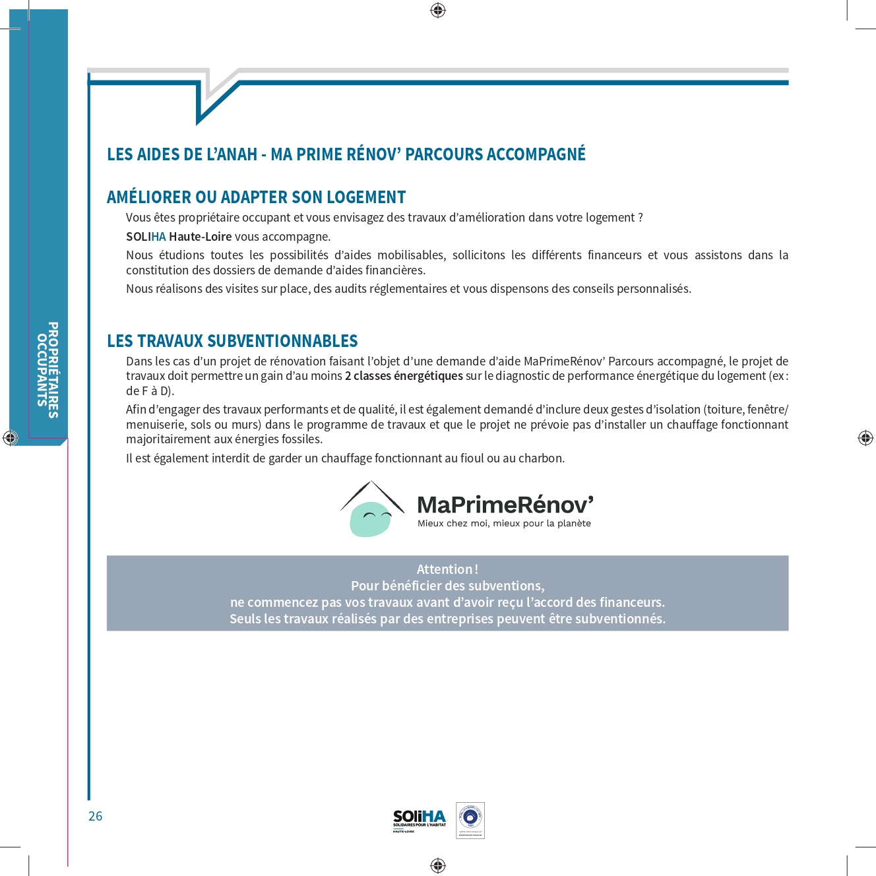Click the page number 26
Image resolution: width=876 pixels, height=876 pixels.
pyautogui.click(x=96, y=816)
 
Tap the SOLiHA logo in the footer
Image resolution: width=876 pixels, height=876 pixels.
pyautogui.click(x=420, y=820)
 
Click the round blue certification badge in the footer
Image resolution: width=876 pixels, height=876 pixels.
pyautogui.click(x=470, y=818)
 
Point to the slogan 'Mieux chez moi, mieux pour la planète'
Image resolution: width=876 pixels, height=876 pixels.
pyautogui.click(x=504, y=524)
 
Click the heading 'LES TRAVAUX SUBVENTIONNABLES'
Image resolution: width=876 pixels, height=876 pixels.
pyautogui.click(x=232, y=341)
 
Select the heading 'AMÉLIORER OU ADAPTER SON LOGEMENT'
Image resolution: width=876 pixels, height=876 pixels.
pyautogui.click(x=256, y=197)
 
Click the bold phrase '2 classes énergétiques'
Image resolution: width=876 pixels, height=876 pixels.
pyautogui.click(x=404, y=376)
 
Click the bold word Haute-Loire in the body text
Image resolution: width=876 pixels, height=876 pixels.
pyautogui.click(x=200, y=237)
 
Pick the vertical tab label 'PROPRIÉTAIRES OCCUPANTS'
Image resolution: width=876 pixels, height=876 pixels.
pyautogui.click(x=48, y=369)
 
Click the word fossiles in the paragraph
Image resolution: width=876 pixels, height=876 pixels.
pyautogui.click(x=299, y=439)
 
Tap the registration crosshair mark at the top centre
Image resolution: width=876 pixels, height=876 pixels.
pyautogui.click(x=438, y=10)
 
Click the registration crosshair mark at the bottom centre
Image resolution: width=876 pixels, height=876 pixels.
pyautogui.click(x=438, y=865)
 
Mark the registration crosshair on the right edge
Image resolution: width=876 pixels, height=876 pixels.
pyautogui.click(x=865, y=437)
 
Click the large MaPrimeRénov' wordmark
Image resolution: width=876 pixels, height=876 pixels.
pyautogui.click(x=505, y=505)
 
